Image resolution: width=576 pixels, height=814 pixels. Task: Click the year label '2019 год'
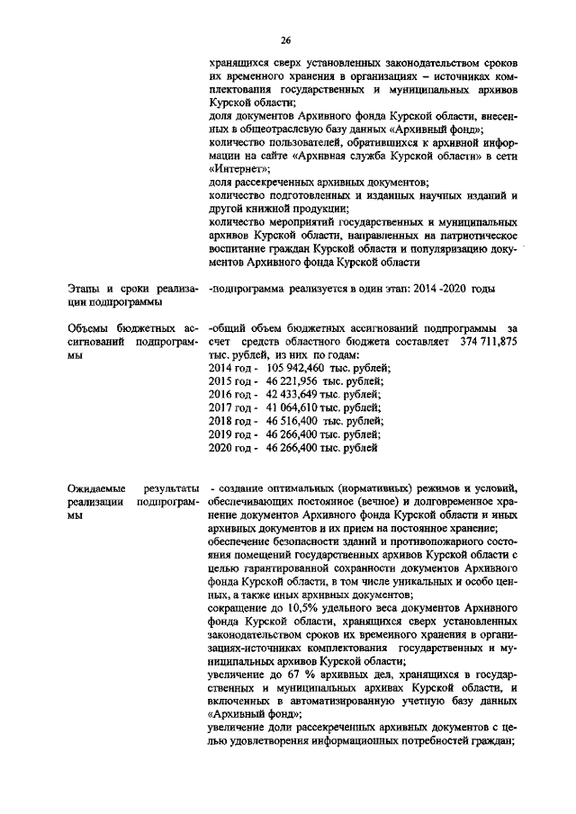coord(230,433)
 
